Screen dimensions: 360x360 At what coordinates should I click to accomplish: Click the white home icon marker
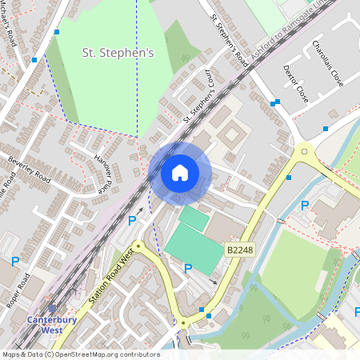(180, 172)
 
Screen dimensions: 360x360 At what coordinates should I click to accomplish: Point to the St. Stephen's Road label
(229, 36)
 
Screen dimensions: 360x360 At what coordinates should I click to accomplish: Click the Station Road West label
(111, 279)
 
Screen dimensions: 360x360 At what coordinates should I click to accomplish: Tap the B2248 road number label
(239, 250)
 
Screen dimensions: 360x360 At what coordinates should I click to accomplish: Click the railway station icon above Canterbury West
(52, 307)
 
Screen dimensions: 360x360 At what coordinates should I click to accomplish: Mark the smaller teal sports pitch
(193, 217)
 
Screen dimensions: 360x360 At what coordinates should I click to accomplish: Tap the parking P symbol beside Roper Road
(14, 261)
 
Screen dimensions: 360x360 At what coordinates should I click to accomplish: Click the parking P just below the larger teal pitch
(188, 269)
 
